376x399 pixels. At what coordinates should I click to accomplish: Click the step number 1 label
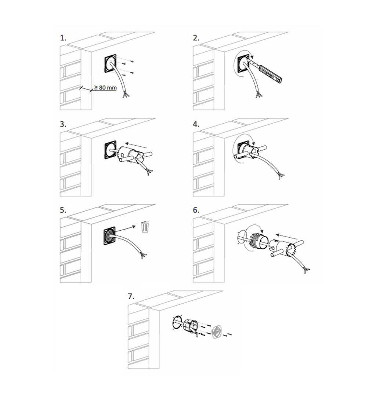tap(63, 38)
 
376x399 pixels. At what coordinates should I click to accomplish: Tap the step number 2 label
tap(196, 38)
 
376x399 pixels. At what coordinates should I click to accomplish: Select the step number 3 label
tap(63, 124)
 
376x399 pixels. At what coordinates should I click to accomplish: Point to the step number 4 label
tap(196, 124)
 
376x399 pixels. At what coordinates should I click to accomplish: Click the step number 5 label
tap(63, 211)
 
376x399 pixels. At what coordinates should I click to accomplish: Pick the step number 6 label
tap(196, 211)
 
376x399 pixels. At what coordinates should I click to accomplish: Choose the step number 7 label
tap(131, 297)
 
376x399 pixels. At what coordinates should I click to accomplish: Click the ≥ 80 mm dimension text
tap(105, 87)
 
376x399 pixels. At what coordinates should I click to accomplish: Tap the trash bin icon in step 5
tap(145, 227)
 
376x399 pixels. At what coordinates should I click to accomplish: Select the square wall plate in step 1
tap(110, 63)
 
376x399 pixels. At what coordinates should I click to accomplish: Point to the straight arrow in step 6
tap(286, 237)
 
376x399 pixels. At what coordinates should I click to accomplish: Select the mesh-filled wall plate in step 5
tap(109, 237)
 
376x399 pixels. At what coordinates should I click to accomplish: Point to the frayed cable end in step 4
tap(281, 176)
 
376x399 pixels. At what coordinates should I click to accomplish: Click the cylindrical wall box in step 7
tap(191, 326)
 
